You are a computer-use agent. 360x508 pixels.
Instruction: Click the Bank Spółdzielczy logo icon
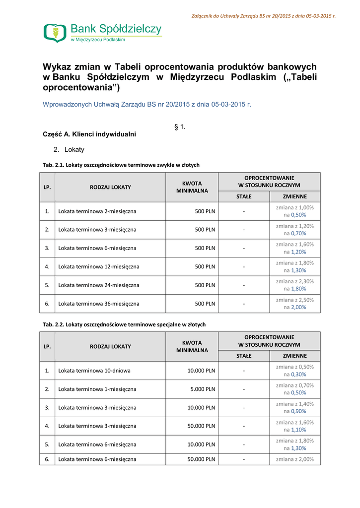[54, 33]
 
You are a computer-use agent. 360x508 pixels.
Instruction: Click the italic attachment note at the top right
[263, 16]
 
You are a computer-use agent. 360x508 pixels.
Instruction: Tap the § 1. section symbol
[180, 127]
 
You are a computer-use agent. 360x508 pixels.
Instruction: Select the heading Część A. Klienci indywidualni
[89, 134]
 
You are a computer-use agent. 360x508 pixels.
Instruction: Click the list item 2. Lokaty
[69, 149]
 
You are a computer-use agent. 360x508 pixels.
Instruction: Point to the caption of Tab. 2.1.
[121, 165]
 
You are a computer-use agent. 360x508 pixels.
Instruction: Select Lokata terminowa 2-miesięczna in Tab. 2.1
[97, 211]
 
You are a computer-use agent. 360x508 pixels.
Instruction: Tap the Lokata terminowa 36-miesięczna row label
[99, 303]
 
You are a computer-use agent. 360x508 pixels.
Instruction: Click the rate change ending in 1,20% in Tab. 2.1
[294, 248]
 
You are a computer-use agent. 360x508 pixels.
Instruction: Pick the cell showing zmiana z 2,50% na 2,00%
[294, 303]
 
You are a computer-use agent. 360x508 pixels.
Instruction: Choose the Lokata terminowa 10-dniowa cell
[94, 371]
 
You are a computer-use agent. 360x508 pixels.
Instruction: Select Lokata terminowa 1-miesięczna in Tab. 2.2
[97, 389]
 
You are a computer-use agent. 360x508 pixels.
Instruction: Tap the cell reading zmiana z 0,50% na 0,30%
[294, 371]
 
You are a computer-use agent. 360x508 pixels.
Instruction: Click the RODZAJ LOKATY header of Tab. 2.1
[110, 187]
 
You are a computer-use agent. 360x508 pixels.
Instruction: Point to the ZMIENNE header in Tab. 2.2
[294, 356]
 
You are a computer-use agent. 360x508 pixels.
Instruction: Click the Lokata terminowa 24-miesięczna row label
[99, 285]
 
